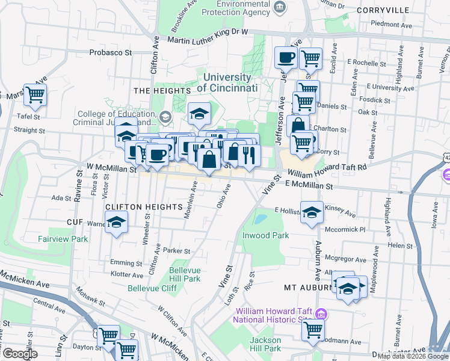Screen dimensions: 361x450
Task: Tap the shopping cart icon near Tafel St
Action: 35,94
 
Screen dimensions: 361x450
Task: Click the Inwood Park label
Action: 266,236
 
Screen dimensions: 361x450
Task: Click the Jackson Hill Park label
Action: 265,344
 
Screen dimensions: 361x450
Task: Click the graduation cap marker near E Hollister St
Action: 312,213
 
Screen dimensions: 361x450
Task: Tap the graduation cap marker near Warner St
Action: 117,223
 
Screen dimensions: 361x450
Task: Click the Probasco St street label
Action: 110,52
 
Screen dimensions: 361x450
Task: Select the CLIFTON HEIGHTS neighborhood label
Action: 144,206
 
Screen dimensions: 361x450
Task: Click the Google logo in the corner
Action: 20,354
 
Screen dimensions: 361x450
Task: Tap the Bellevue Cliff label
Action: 152,289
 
